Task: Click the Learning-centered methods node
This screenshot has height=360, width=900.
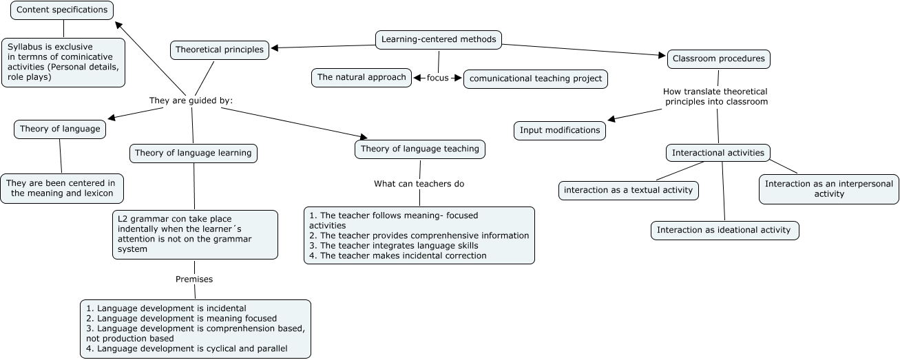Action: pos(439,39)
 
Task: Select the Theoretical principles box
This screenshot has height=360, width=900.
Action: pos(220,50)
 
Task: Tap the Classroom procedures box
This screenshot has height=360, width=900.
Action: pos(718,59)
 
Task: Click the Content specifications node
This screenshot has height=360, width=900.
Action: pos(62,10)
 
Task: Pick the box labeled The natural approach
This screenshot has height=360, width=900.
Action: pos(362,77)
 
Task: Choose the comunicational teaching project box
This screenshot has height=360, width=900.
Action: pos(535,78)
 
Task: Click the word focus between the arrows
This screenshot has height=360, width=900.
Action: pos(437,78)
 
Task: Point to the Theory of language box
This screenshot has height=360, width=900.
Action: pos(60,129)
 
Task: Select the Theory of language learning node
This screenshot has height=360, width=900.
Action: pos(193,153)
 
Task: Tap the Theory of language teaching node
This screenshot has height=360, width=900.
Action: pos(420,149)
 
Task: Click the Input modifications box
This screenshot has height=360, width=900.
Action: pos(560,130)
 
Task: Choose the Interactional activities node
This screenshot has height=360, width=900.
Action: pos(718,152)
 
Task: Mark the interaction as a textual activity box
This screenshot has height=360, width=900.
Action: pos(628,190)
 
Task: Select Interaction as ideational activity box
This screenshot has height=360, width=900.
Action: pos(724,230)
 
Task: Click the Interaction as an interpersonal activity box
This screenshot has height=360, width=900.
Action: pos(828,189)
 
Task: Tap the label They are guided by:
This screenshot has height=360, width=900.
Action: pos(191,100)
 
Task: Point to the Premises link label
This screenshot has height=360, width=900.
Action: pos(194,279)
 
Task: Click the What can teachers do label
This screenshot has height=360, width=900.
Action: pos(419,184)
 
